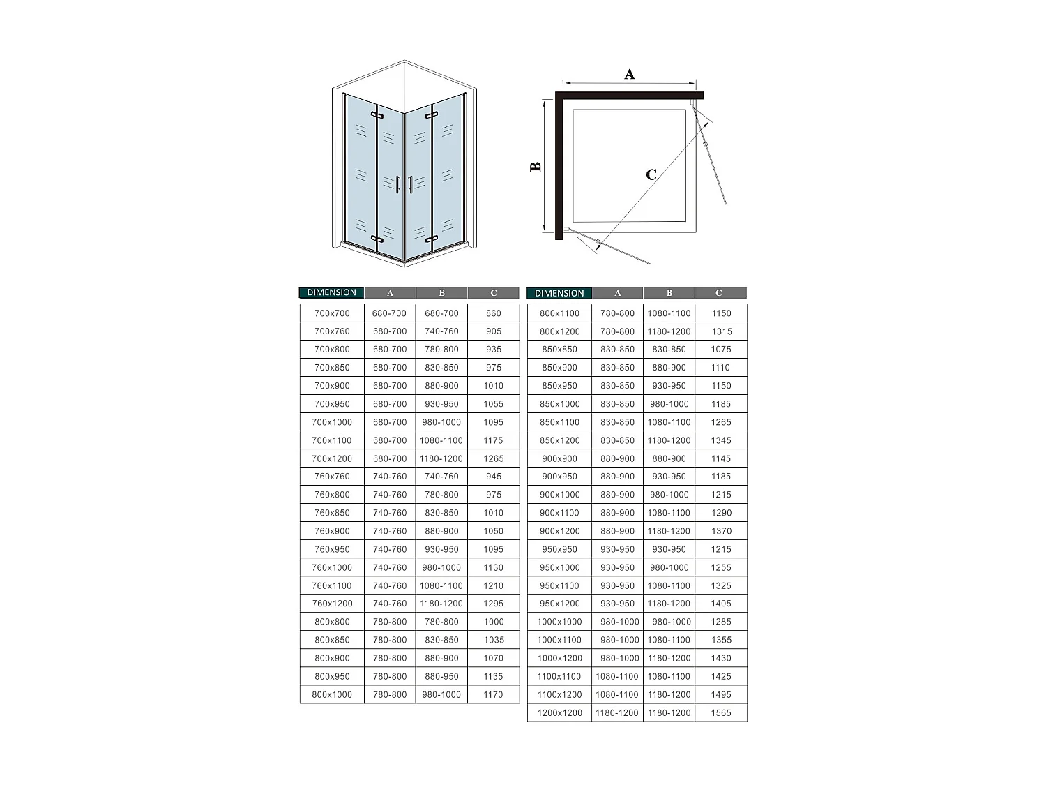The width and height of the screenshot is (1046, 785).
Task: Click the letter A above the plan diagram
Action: point(629,74)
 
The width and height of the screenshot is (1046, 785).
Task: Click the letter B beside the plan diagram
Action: point(536,167)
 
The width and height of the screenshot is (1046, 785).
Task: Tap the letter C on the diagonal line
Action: point(651,174)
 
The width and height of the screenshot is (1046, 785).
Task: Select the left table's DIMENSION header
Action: point(331,293)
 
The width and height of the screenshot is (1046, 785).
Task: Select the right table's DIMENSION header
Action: point(559,294)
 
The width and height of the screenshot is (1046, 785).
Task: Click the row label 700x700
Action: point(332,313)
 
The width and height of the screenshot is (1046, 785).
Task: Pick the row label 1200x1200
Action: point(559,713)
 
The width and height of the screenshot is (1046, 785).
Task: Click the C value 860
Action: point(494,313)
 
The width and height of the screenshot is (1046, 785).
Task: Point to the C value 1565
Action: point(721,713)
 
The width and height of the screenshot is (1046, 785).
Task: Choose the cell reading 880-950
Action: point(441,676)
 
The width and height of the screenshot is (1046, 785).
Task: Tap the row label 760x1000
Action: point(332,567)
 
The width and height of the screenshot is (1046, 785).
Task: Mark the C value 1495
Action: point(721,695)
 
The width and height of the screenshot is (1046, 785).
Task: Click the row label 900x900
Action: point(559,458)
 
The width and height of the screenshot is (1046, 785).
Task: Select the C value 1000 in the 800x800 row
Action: point(494,622)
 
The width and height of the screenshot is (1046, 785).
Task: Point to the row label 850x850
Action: point(559,350)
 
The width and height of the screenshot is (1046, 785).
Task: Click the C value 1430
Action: point(721,658)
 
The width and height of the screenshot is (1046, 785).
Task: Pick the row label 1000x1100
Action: point(559,640)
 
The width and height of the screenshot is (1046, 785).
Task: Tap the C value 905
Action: point(494,331)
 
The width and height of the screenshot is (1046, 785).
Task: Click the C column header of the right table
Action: point(719,293)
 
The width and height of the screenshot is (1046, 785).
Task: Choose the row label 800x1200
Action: point(559,331)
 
